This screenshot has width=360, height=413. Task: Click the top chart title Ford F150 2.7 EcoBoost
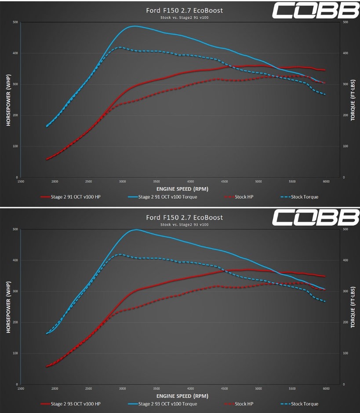click(184, 10)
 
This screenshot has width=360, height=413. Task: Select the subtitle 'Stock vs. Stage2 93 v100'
click(184, 225)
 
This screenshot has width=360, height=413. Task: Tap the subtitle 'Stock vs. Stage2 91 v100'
click(184, 18)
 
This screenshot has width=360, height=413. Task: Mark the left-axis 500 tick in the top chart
click(15, 22)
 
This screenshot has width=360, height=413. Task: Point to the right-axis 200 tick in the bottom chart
click(345, 322)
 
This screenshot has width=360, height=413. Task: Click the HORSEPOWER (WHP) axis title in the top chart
click(8, 100)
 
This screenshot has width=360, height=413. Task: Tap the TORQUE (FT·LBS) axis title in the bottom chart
click(353, 307)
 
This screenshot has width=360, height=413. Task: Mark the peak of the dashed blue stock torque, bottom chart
click(120, 254)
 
